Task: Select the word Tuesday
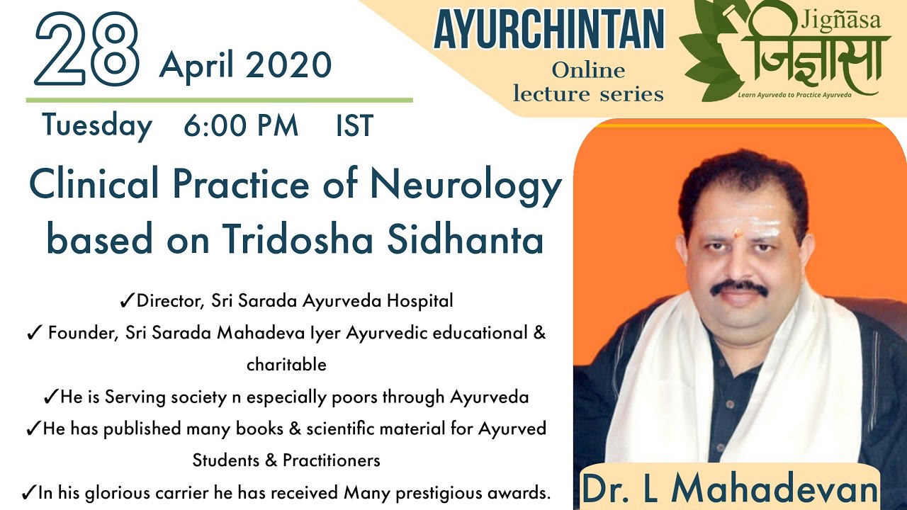pos(97,126)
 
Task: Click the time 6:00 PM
pos(241,126)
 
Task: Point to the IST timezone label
pos(354,126)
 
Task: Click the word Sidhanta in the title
pos(466,239)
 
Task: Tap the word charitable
pos(286,365)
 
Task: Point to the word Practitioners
pos(331,460)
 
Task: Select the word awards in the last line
pos(520,492)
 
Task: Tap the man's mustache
pos(738,288)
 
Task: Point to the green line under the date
pos(219,101)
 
